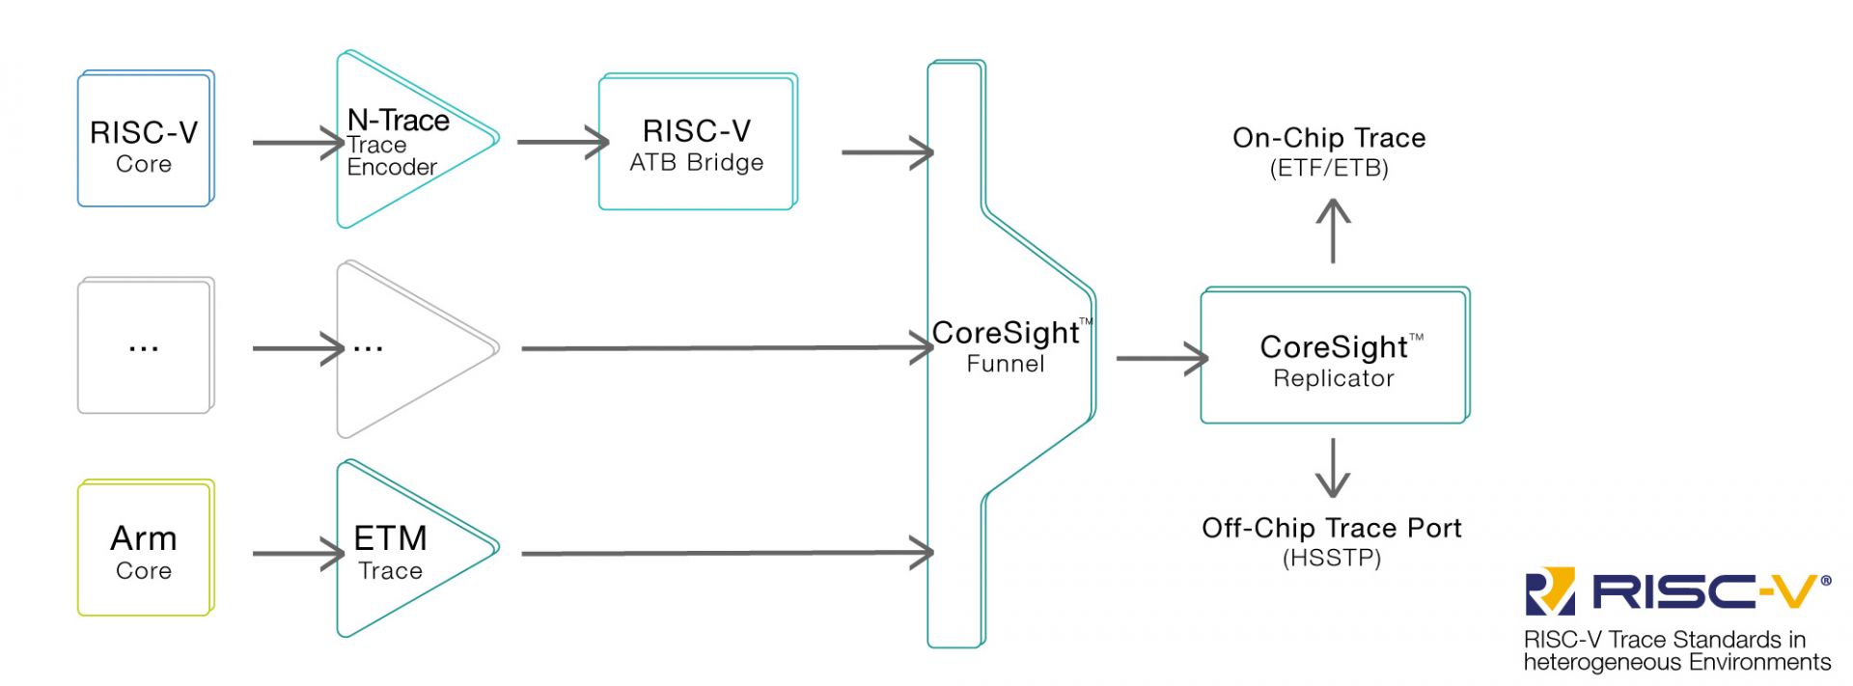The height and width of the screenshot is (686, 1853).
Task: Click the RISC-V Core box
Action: click(145, 139)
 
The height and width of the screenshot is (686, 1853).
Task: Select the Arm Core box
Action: click(145, 548)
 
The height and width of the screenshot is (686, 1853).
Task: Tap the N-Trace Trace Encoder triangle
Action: click(405, 141)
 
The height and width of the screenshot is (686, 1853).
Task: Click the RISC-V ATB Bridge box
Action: click(697, 143)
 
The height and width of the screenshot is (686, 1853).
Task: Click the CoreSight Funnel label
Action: click(1006, 345)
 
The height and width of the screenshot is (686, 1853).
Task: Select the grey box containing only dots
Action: click(145, 346)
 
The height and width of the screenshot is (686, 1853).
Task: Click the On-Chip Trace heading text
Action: click(1329, 138)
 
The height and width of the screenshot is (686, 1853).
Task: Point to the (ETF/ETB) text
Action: click(1329, 169)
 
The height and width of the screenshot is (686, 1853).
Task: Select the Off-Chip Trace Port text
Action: click(1331, 528)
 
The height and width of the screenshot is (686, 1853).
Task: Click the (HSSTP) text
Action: click(1331, 559)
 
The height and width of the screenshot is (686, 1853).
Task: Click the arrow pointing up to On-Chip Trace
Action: click(1333, 230)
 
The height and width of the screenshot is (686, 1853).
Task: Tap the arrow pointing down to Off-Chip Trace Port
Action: click(1333, 468)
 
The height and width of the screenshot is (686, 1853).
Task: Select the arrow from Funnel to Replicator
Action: click(1161, 358)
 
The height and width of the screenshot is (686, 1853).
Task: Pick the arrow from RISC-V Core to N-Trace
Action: click(297, 143)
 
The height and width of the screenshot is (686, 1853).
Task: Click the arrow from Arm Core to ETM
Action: click(297, 554)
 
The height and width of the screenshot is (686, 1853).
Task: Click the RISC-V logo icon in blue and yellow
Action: click(1550, 591)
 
